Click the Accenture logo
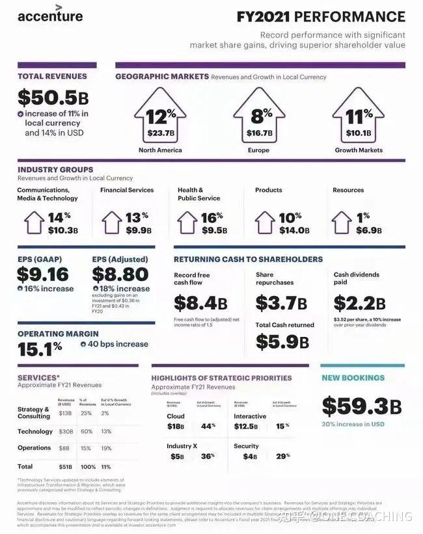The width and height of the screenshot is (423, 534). [x=50, y=16]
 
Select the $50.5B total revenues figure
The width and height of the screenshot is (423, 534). [x=53, y=98]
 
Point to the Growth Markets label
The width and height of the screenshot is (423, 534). [x=359, y=150]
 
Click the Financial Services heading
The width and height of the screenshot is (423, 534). [x=127, y=190]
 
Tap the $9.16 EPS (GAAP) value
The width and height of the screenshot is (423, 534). [x=42, y=274]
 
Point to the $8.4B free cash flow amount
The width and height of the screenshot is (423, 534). [x=200, y=303]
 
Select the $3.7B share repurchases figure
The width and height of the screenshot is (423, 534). [x=281, y=303]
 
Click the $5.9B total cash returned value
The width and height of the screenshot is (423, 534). [x=281, y=341]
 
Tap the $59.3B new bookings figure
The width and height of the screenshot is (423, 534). [x=361, y=406]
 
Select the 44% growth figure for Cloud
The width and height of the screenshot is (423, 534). [x=208, y=426]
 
